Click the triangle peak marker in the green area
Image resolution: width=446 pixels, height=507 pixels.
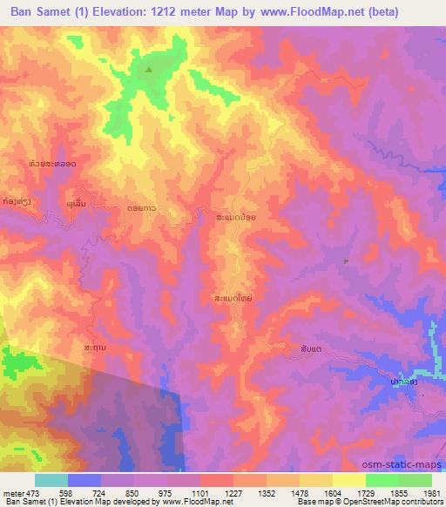149,71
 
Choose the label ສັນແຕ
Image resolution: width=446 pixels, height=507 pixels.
310,348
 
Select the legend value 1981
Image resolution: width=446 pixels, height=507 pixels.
430,492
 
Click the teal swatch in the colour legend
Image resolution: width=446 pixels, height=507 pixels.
51,480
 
